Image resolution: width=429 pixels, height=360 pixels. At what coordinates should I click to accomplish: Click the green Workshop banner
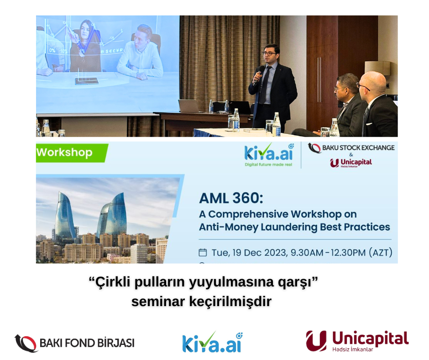coord(72,153)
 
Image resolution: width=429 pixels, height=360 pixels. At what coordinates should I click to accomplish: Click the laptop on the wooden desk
coord(189,106)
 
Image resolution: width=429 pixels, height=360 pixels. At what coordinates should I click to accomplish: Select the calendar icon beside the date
coord(203,252)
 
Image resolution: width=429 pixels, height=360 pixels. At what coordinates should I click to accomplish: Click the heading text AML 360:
coord(231,198)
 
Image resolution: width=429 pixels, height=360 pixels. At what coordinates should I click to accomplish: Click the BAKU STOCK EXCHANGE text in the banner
coord(358,148)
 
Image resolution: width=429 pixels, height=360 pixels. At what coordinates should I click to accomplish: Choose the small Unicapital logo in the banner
coord(351,163)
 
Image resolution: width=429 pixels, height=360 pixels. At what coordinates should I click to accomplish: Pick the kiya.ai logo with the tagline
coord(269,155)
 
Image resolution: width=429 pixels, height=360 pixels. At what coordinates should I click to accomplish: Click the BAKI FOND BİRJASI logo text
coord(87,343)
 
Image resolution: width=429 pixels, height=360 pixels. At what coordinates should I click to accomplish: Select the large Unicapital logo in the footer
coord(357,341)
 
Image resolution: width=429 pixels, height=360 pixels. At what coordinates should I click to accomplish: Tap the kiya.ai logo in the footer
coord(213,343)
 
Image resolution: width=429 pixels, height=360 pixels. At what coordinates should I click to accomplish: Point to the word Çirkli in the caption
coord(113,282)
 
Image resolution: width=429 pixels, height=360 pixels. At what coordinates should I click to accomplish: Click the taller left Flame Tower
coord(64,216)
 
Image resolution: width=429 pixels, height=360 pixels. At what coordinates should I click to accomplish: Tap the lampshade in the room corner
coord(377,68)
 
